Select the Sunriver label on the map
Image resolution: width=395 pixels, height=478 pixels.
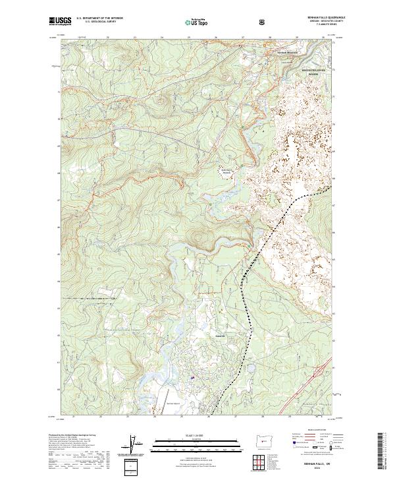(x=220, y=336)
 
